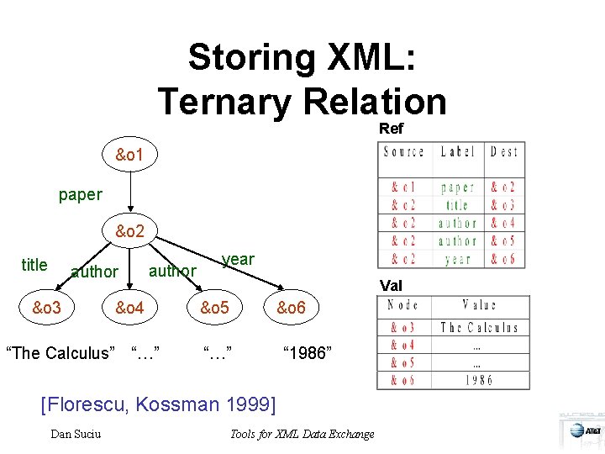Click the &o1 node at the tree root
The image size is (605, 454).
click(129, 156)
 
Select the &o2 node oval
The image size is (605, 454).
click(129, 231)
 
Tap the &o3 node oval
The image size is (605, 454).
click(47, 309)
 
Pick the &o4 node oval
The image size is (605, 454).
click(130, 309)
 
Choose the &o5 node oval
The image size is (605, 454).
click(214, 309)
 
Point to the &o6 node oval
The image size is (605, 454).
click(297, 309)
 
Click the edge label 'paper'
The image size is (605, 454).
click(81, 194)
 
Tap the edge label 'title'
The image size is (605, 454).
click(34, 265)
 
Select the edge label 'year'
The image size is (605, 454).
click(238, 259)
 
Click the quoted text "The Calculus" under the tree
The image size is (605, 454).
click(60, 352)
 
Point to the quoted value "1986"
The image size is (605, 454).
click(308, 352)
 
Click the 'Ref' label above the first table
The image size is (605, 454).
click(391, 129)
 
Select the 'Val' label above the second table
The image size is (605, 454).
click(391, 286)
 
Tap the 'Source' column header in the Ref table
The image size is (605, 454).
click(403, 152)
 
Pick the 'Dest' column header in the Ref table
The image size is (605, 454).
click(504, 152)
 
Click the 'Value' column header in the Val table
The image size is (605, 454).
click(479, 306)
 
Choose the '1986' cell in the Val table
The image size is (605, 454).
click(479, 379)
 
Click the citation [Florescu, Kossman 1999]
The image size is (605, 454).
click(158, 404)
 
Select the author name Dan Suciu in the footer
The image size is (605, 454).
click(76, 434)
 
